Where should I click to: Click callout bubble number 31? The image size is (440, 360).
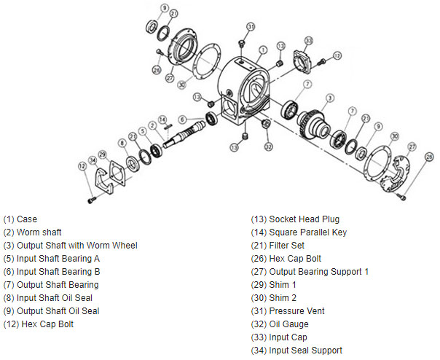click(x=250, y=26)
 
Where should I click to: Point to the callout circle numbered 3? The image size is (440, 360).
click(x=330, y=97)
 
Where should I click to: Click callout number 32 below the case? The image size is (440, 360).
click(x=269, y=146)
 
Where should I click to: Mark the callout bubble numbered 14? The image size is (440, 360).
click(x=162, y=119)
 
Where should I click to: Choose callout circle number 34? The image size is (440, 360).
click(x=93, y=160)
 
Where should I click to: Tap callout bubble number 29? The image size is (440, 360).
click(x=103, y=154)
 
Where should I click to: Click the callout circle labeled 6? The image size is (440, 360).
click(x=183, y=119)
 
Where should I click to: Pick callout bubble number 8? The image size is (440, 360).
click(x=122, y=144)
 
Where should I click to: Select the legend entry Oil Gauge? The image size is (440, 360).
click(x=289, y=324)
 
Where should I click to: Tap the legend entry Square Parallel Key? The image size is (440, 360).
click(x=308, y=232)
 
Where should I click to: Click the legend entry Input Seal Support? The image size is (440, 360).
click(x=305, y=350)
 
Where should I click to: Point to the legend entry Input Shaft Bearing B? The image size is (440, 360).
click(x=51, y=271)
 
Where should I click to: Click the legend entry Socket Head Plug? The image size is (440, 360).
click(x=304, y=219)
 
